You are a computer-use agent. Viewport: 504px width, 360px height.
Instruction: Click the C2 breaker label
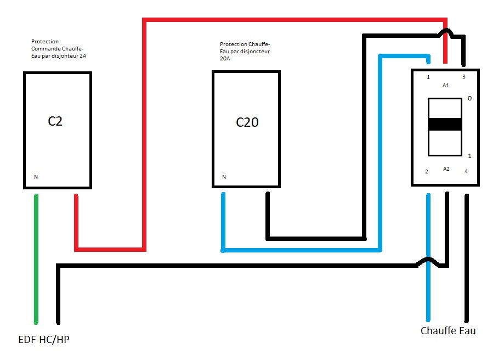pos(55,121)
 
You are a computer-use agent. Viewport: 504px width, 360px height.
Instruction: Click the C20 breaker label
pos(247,122)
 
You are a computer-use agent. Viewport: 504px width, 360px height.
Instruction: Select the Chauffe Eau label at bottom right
pos(448,331)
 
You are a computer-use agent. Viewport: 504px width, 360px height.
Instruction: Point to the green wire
pos(37,258)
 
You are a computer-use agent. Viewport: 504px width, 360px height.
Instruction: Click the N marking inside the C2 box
pos(36,177)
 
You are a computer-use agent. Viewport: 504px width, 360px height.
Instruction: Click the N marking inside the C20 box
pos(224,177)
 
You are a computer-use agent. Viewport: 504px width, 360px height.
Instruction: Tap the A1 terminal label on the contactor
pos(445,86)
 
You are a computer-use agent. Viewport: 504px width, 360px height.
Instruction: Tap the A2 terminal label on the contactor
pos(446,168)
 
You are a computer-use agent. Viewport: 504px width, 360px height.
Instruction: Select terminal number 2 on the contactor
pos(426,172)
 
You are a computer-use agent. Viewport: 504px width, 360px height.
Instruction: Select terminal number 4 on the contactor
pos(466,172)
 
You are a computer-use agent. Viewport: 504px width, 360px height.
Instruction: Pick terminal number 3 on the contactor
pos(463,77)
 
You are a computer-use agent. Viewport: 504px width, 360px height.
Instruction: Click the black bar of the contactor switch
pos(445,124)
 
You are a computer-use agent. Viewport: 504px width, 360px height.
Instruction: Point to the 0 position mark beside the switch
pos(469,99)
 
